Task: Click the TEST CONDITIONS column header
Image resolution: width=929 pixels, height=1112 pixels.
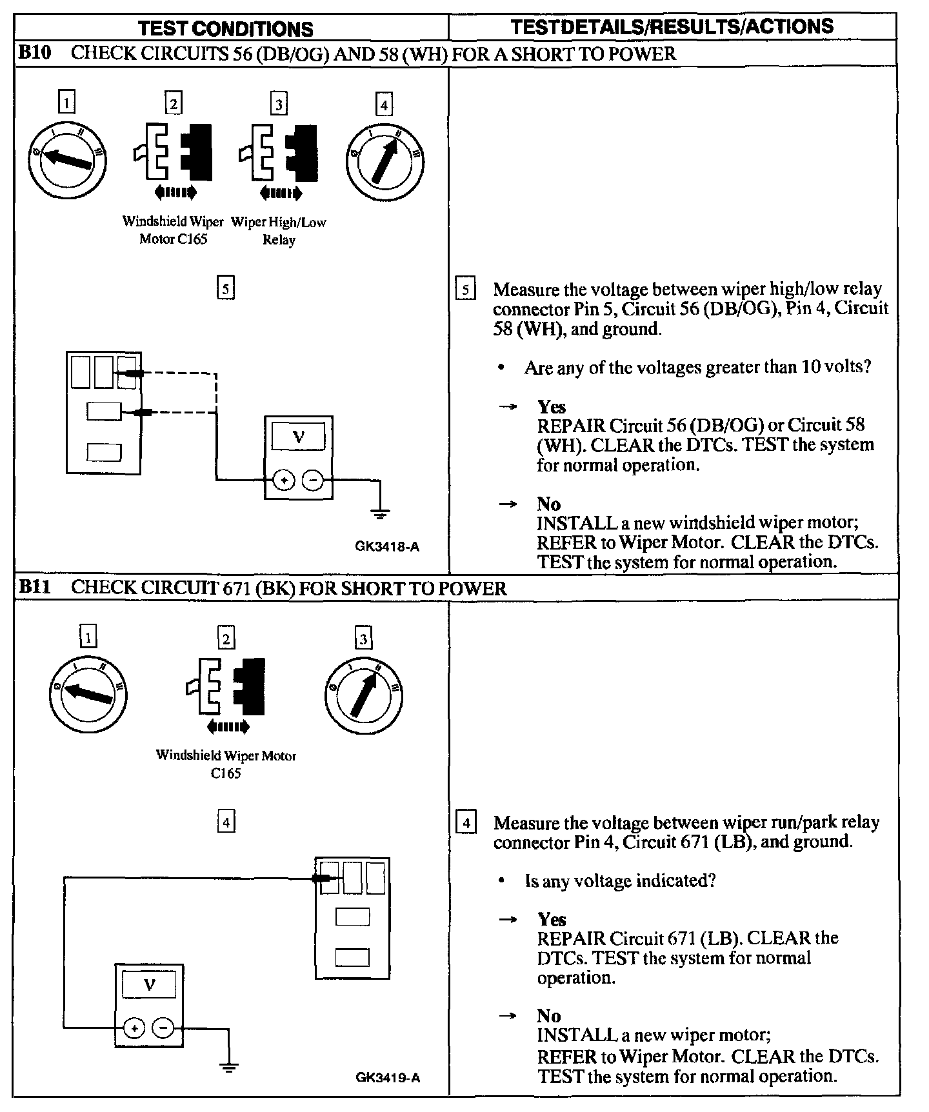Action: pos(226,28)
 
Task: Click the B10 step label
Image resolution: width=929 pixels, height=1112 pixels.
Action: pos(34,53)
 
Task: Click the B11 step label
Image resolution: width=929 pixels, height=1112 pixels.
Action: pos(34,587)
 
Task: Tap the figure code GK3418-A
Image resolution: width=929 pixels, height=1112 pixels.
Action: pos(387,547)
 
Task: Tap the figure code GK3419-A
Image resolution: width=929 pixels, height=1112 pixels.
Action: pos(387,1077)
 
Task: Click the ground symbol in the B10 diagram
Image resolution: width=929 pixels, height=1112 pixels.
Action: pos(380,513)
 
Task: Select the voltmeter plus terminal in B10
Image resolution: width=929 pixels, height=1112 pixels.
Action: pos(284,481)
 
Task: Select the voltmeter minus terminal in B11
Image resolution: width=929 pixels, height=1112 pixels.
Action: pos(163,1028)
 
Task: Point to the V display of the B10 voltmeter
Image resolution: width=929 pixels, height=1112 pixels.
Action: pos(298,437)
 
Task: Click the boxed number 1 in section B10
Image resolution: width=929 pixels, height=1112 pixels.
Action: pos(66,103)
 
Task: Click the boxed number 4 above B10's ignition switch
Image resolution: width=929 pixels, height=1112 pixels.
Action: pos(384,104)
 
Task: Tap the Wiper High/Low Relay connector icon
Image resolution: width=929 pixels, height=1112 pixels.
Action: pos(279,155)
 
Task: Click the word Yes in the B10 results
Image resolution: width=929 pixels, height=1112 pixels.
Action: pos(552,406)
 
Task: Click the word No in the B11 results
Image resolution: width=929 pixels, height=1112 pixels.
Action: pos(549,1015)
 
